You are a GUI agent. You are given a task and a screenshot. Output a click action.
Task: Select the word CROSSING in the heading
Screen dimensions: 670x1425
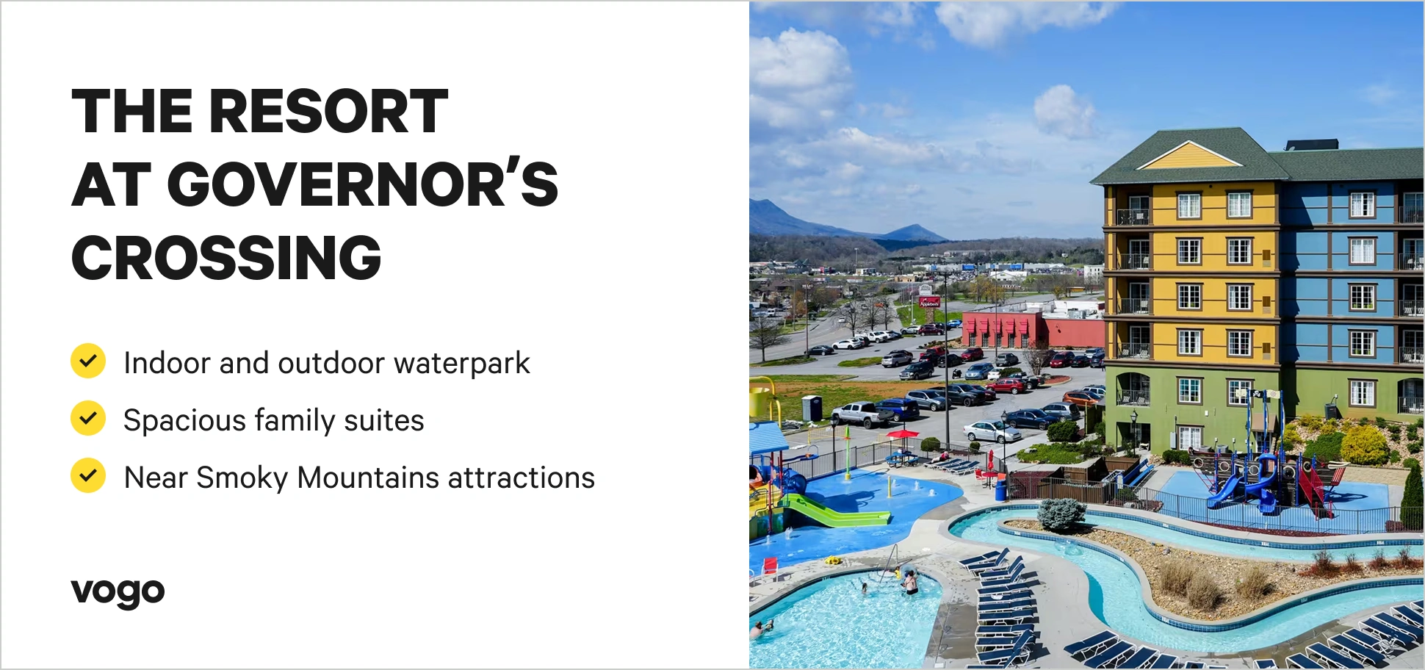coord(226,258)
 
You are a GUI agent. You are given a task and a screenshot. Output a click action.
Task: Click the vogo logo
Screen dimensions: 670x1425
coord(118,591)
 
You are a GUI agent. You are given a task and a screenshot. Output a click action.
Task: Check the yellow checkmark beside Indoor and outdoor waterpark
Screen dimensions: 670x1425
coord(88,361)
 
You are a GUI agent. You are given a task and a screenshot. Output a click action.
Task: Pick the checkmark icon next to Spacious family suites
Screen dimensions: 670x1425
coord(88,418)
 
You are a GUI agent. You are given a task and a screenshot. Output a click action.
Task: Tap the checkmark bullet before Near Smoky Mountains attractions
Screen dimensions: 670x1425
coord(88,475)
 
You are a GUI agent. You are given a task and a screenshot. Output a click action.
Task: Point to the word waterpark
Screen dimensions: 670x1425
coord(461,363)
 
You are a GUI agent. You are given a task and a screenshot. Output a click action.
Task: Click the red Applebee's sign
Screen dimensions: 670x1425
coord(929,302)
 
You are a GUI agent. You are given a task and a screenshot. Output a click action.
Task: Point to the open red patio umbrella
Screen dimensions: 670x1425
coord(903,434)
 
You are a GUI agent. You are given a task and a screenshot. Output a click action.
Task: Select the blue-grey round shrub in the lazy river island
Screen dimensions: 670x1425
coord(1061,514)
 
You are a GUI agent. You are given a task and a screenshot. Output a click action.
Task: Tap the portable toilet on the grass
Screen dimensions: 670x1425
coord(812,408)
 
